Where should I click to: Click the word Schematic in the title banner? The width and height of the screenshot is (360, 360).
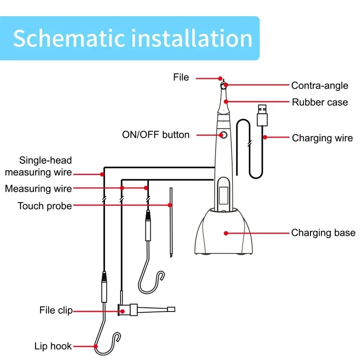[x=69, y=38]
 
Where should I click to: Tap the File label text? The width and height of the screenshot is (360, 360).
[x=181, y=77]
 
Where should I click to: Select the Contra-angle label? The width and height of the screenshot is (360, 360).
[x=319, y=85]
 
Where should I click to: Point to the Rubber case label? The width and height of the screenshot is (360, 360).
[x=320, y=102]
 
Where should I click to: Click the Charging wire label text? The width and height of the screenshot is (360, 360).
[x=322, y=138]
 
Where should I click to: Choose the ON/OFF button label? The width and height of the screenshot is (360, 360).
[x=156, y=135]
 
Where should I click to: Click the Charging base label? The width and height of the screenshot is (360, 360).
[x=323, y=233]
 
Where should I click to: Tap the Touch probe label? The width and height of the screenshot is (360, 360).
[x=45, y=206]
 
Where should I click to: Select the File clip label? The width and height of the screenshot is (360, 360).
[x=56, y=310]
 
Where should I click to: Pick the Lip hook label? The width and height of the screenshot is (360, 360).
[x=53, y=346]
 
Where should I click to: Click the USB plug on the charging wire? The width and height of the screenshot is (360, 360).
[x=262, y=115]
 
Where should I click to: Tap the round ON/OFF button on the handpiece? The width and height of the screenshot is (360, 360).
[x=223, y=135]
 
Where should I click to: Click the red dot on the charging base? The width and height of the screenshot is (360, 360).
[x=226, y=233]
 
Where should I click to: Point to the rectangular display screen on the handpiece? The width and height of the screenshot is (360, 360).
[x=224, y=195]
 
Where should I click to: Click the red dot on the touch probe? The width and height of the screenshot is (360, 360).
[x=170, y=205]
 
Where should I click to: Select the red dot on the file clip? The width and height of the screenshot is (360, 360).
[x=122, y=311]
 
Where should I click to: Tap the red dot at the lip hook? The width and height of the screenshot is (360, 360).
[x=96, y=346]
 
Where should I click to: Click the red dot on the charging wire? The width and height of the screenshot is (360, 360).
[x=265, y=137]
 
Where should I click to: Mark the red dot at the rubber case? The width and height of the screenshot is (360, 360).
[x=226, y=102]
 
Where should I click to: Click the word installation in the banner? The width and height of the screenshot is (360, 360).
[x=192, y=38]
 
